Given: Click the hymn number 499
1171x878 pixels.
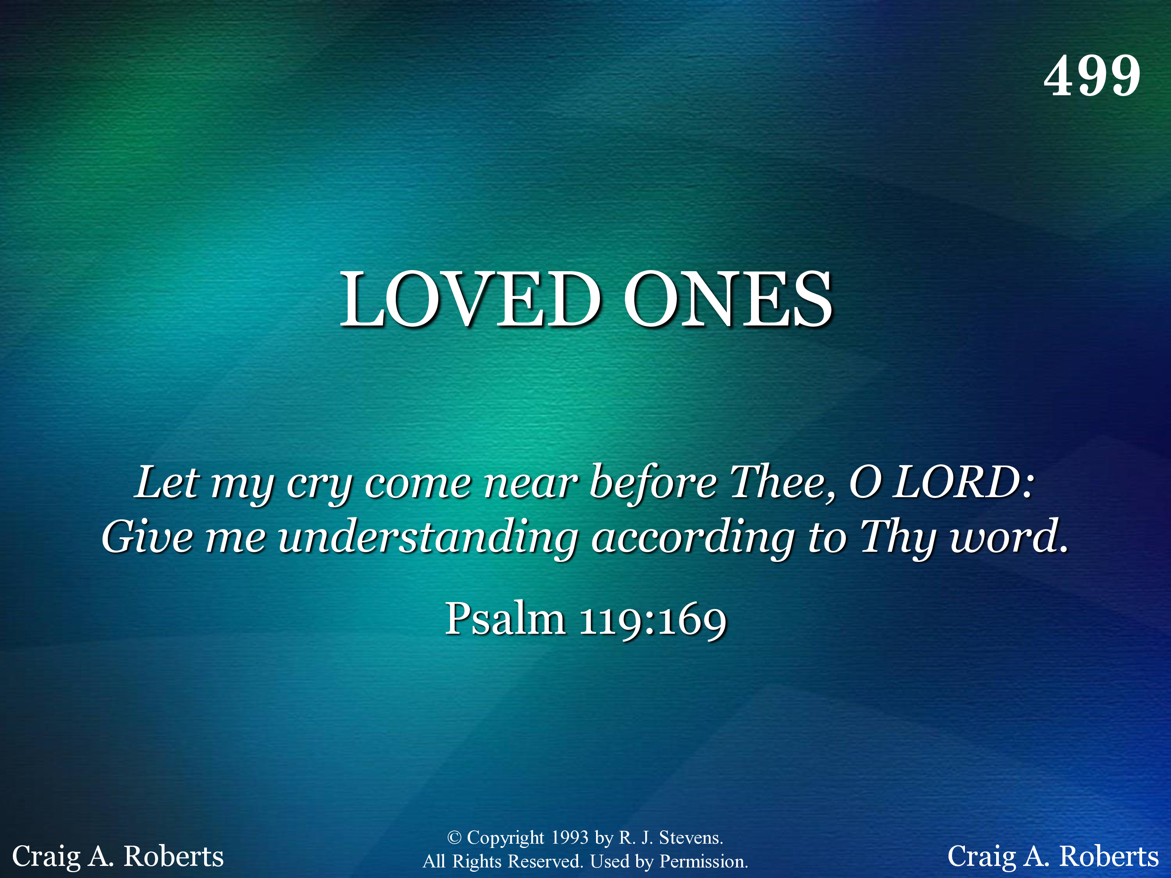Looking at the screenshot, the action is (x=1092, y=76).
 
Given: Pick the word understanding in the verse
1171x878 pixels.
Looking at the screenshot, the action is (x=428, y=538).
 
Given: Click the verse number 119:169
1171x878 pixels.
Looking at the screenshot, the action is (x=653, y=620).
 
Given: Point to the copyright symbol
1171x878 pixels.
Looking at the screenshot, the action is (x=454, y=837).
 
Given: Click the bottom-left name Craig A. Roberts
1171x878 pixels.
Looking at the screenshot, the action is (x=117, y=856).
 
